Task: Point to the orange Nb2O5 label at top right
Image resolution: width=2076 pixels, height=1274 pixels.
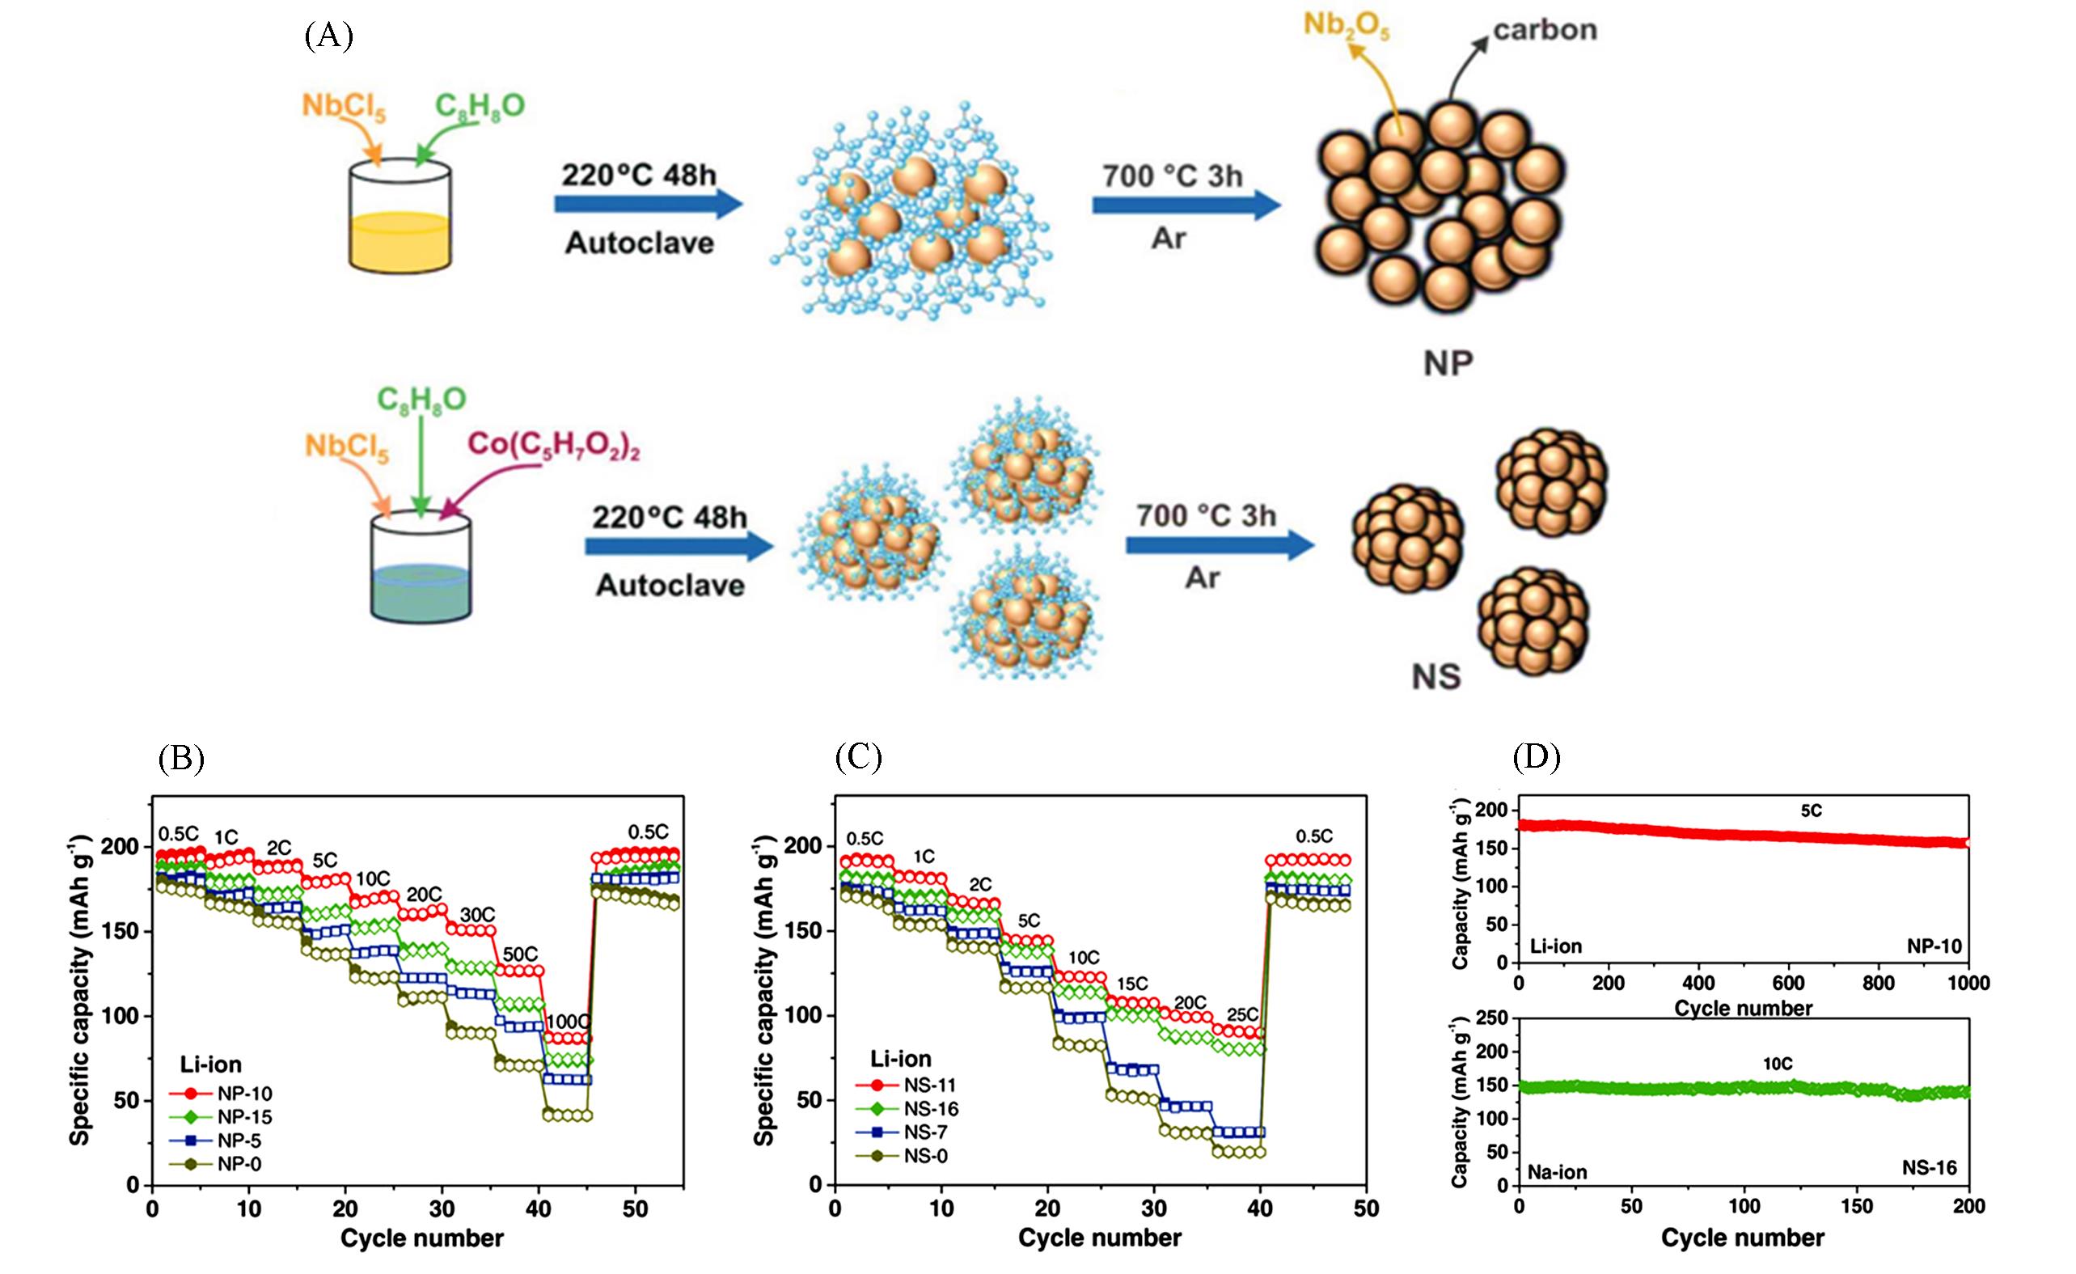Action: click(1347, 25)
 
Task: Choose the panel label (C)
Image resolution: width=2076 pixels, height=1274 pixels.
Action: click(858, 757)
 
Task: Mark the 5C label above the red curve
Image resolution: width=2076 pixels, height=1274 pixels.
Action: click(1812, 811)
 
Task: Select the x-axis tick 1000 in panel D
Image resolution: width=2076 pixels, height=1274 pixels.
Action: click(1968, 984)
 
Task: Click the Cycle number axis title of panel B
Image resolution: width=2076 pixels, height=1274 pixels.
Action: click(421, 1238)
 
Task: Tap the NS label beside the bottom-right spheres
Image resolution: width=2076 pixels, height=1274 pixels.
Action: click(1435, 676)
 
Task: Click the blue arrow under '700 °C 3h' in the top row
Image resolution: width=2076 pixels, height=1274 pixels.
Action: click(1186, 205)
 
